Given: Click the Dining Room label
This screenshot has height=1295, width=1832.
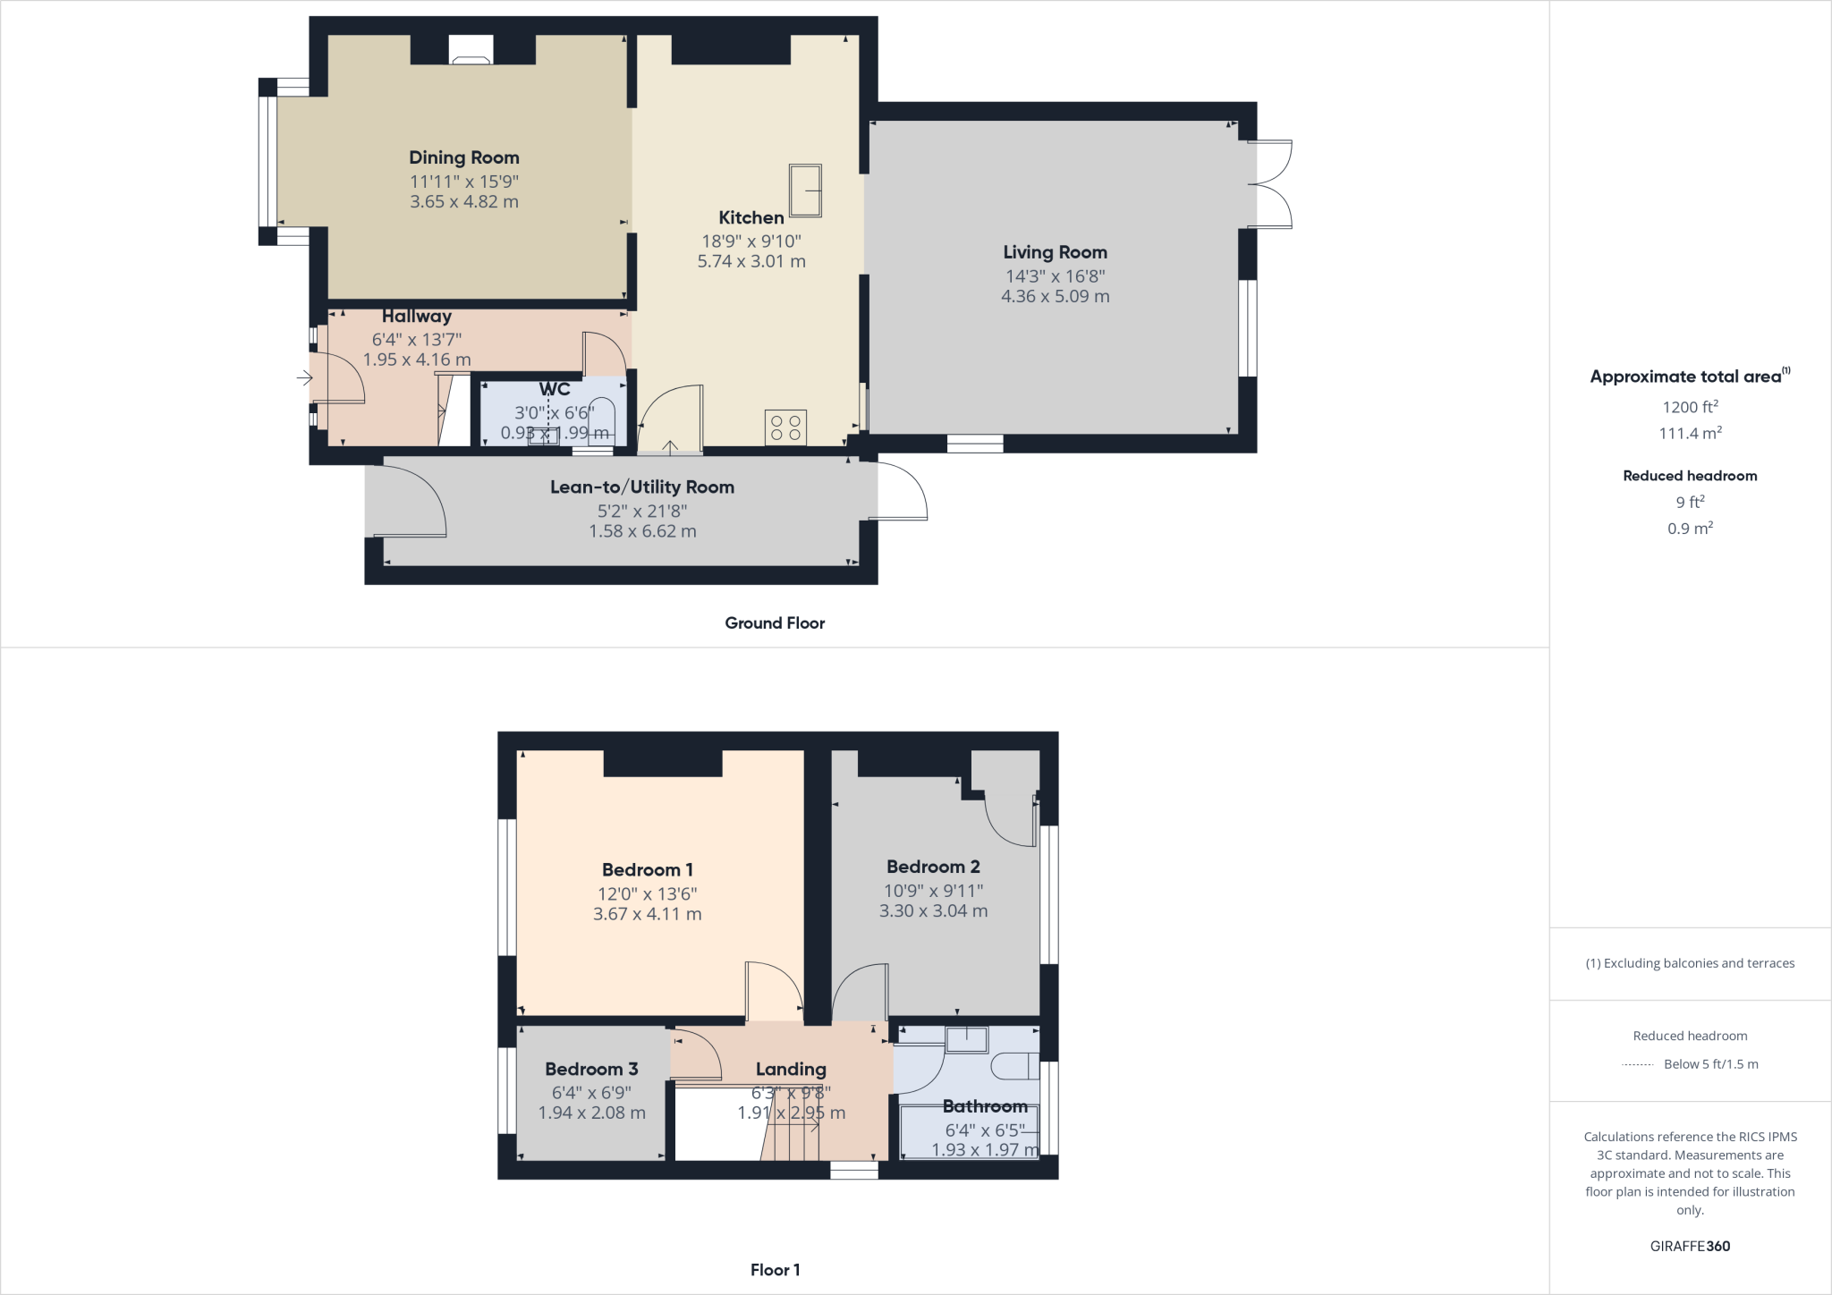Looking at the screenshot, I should coord(463,158).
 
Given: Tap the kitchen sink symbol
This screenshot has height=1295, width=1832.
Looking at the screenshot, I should coord(805,190).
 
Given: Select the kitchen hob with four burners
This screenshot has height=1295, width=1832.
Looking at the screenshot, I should coord(785,427).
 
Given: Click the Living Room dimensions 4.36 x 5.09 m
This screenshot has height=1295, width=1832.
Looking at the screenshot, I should coord(1055,297).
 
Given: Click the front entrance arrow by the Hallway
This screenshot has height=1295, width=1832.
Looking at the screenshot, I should coord(304,379).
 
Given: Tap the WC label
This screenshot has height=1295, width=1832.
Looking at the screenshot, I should coord(555,390).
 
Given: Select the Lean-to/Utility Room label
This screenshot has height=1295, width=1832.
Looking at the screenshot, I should coord(641,487).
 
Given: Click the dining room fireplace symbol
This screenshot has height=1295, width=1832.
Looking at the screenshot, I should coord(471,50).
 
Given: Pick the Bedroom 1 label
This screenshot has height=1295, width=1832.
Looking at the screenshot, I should coord(647,870).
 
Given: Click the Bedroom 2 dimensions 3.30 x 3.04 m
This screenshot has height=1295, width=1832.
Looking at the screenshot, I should coord(933,911).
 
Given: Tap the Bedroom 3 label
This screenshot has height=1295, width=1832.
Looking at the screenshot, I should coord(591,1070).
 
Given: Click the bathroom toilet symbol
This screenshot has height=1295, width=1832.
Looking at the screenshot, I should coord(1016,1066).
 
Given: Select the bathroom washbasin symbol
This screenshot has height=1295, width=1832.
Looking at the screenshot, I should coord(967,1039).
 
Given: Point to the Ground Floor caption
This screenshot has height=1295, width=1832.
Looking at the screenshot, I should coord(775,623).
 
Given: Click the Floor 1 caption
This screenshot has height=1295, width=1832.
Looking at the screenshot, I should coord(775,1270).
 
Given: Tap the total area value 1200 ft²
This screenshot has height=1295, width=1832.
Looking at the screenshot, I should coord(1690,408).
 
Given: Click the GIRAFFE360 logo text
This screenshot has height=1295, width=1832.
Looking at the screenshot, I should coord(1690,1246).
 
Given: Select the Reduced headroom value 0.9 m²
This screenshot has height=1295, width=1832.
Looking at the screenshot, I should coord(1690,529).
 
